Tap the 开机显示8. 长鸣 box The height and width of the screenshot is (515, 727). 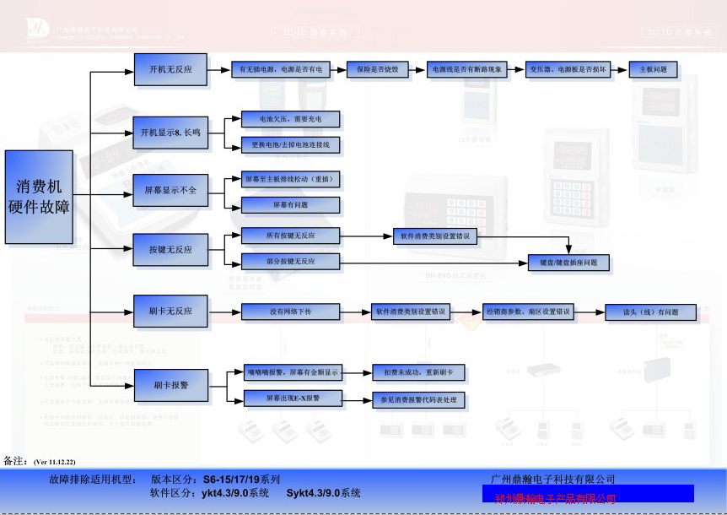pyautogui.click(x=170, y=133)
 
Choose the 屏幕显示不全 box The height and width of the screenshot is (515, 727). pyautogui.click(x=170, y=191)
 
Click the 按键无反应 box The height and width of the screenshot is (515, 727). pyautogui.click(x=170, y=250)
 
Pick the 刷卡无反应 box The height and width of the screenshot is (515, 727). pyautogui.click(x=170, y=312)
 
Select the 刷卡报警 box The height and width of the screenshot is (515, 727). pyautogui.click(x=170, y=385)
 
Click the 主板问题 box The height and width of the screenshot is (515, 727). pyautogui.click(x=653, y=70)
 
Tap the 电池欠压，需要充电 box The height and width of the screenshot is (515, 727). pyautogui.click(x=290, y=119)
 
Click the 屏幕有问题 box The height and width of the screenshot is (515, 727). pyautogui.click(x=290, y=205)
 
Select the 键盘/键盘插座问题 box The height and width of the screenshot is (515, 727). pyautogui.click(x=568, y=263)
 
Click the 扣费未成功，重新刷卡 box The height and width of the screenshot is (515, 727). pyautogui.click(x=417, y=371)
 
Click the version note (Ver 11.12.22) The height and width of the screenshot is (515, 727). pyautogui.click(x=54, y=462)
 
